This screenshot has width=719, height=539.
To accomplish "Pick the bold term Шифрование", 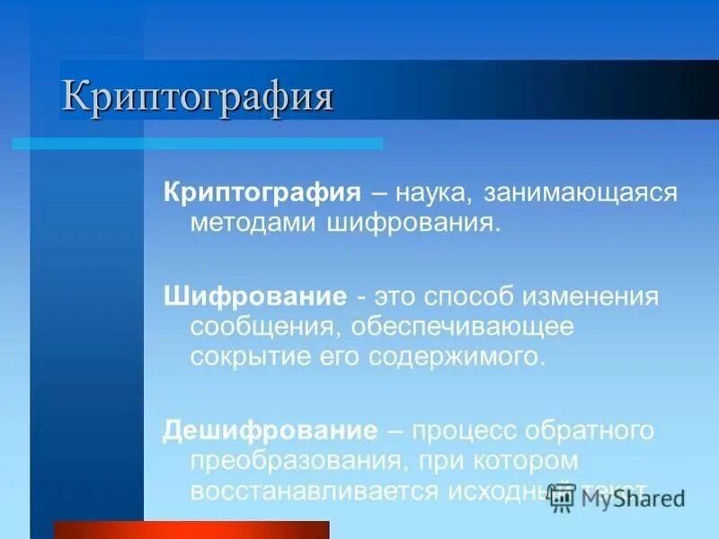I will click(255, 296).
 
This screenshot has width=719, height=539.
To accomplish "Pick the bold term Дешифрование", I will click(270, 429).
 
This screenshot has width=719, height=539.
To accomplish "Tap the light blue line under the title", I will click(198, 143).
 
